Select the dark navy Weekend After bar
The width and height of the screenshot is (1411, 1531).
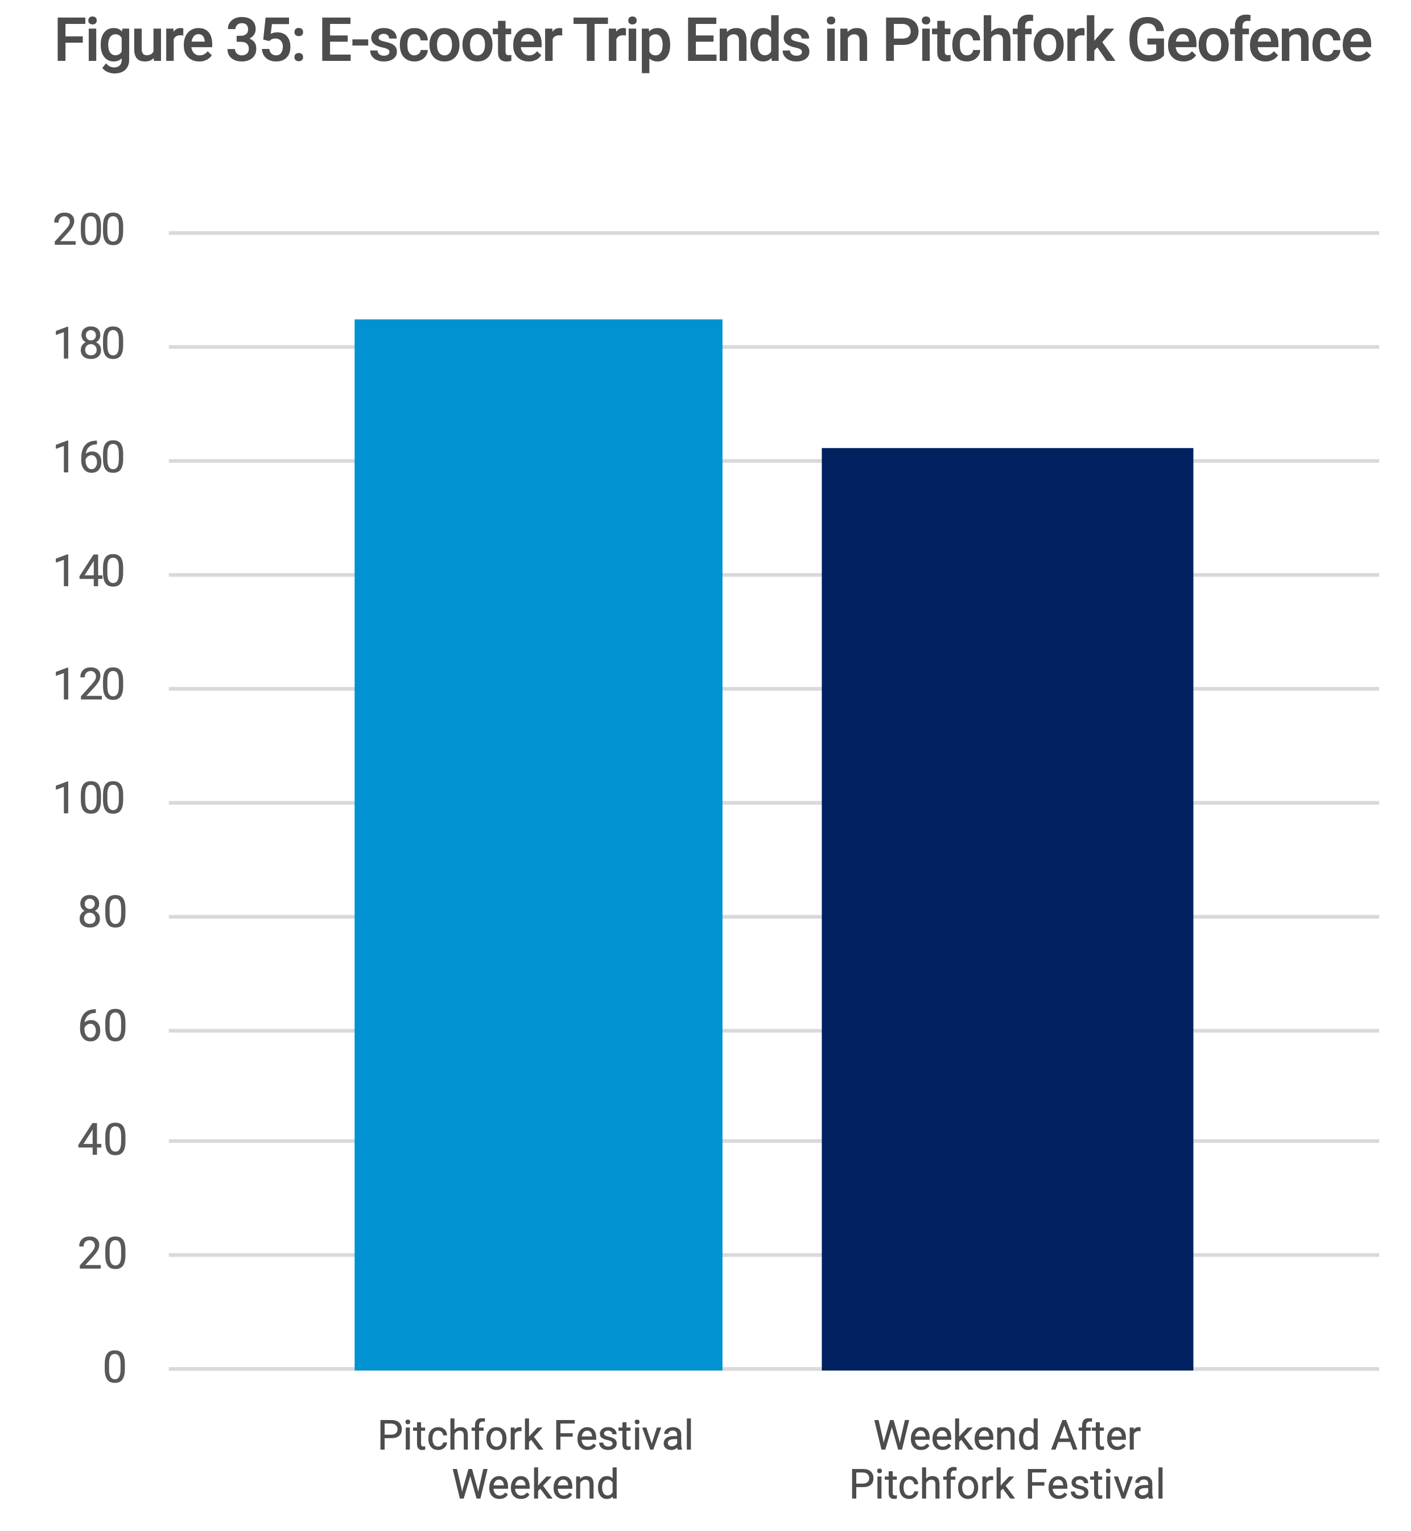tap(1007, 909)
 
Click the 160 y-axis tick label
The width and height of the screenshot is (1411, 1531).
tap(89, 460)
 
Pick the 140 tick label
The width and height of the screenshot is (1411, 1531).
tap(89, 574)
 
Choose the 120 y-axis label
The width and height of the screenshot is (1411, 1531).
tap(89, 687)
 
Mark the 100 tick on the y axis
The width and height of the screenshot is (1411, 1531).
tap(89, 801)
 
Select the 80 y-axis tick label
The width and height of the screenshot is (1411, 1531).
tap(101, 915)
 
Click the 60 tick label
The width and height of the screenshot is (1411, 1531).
tap(101, 1028)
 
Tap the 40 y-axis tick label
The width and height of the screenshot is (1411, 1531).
tap(101, 1142)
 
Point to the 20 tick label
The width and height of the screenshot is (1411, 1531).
tap(101, 1256)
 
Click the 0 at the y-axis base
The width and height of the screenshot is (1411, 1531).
tap(114, 1369)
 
